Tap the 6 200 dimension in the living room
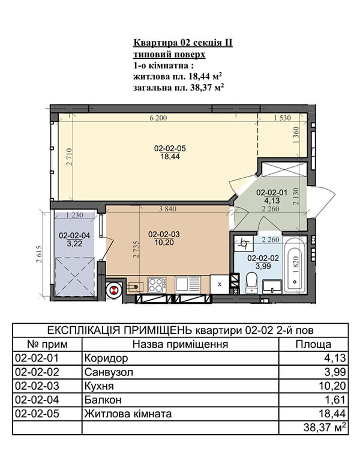[x=158, y=118]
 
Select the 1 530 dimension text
[x=282, y=118]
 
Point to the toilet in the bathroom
[x=251, y=283]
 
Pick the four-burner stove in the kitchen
[x=157, y=285]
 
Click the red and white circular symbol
[x=114, y=290]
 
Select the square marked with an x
[x=220, y=285]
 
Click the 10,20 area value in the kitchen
[x=164, y=243]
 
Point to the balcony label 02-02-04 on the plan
[x=74, y=235]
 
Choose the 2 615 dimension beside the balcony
[x=39, y=254]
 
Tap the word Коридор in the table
[x=106, y=358]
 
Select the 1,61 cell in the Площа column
[x=335, y=399]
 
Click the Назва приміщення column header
[x=180, y=344]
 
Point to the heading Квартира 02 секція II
[x=183, y=43]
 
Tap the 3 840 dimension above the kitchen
[x=167, y=209]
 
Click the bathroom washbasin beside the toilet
[x=272, y=286]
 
